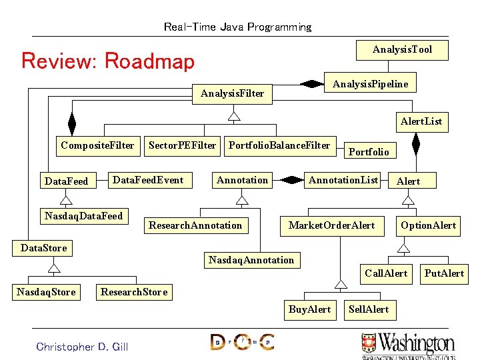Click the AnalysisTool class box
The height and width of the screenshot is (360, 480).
(402, 49)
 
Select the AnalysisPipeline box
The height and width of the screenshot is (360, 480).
(370, 84)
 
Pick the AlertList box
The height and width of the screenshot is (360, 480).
(421, 121)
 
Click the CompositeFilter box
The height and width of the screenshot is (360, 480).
(97, 145)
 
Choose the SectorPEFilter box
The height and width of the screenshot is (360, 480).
(182, 145)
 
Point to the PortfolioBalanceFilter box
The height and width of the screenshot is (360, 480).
(279, 145)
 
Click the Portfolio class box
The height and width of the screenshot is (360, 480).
(369, 152)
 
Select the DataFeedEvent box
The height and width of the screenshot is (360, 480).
(148, 180)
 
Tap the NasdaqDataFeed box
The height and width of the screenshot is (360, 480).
(83, 216)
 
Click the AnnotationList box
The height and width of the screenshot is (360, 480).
(343, 180)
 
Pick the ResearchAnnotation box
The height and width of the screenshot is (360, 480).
(195, 225)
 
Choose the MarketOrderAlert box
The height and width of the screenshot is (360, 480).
(331, 225)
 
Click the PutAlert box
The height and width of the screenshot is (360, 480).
(444, 273)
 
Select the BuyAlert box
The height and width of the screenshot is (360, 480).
(309, 309)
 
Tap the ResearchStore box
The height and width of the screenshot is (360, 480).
(133, 292)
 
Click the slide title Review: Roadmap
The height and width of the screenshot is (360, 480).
(108, 61)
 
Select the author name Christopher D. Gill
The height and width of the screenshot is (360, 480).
(82, 346)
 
